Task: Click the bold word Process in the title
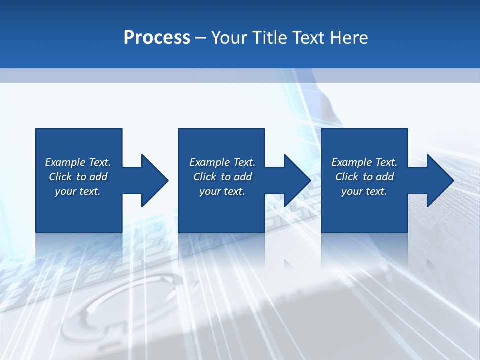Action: click(x=157, y=37)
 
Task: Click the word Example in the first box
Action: click(x=65, y=162)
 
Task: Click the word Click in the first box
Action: click(x=60, y=177)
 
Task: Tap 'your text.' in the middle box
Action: click(x=222, y=191)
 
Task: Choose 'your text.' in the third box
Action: click(x=364, y=191)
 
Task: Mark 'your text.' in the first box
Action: click(x=77, y=191)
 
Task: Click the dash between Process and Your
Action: click(x=200, y=38)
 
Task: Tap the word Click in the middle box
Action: click(x=205, y=177)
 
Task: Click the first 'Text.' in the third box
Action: click(x=385, y=162)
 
